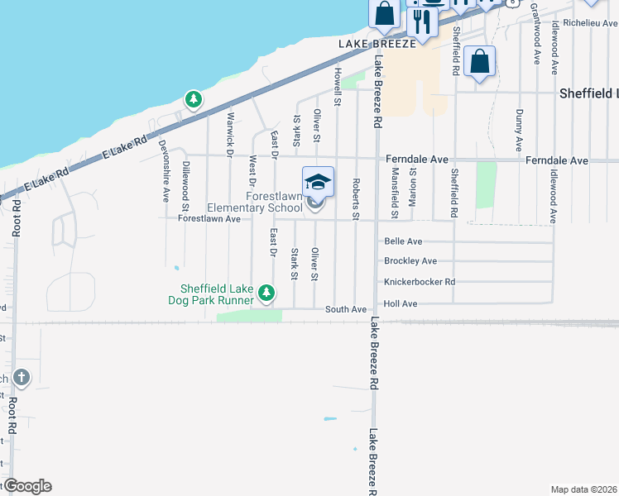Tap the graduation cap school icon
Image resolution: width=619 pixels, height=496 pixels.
point(318,181)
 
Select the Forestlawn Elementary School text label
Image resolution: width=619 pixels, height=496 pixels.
point(274,202)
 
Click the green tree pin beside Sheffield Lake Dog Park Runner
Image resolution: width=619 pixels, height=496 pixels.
point(266,293)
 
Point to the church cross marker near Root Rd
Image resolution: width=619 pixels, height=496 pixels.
point(22,379)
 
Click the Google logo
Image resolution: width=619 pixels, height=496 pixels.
point(27,486)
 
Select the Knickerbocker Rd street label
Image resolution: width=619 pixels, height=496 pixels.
point(420,282)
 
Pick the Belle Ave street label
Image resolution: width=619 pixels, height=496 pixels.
point(403,241)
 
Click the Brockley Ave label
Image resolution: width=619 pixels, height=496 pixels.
point(410,261)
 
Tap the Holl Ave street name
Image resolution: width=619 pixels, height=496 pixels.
point(401,304)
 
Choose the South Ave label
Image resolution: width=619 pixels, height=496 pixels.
point(346,309)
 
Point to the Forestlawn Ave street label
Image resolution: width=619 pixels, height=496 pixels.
point(209,219)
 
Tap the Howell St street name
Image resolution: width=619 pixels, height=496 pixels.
point(337,87)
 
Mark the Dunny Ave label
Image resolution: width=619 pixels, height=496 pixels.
point(519,128)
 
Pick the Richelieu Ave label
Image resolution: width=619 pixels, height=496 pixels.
point(590,23)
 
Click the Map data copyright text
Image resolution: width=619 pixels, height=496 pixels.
point(584,489)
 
